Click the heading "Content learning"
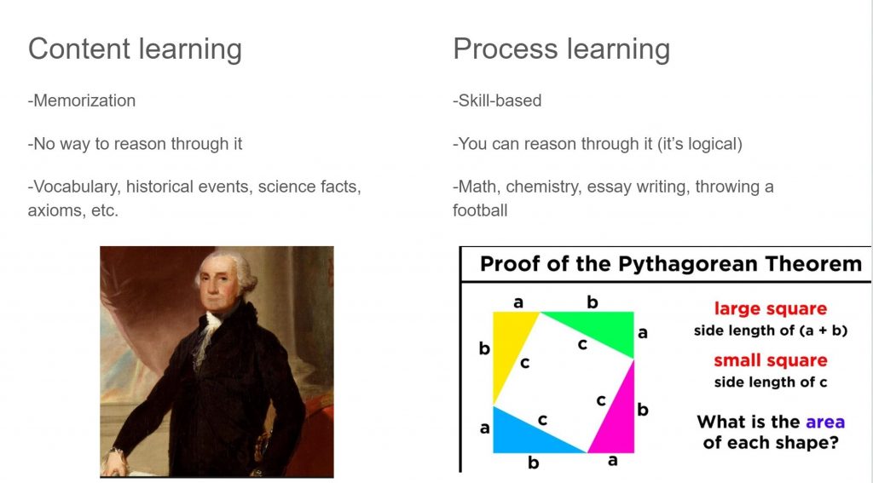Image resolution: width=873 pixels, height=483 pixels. (135, 49)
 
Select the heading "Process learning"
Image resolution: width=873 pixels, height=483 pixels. (561, 49)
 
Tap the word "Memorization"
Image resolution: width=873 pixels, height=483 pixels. (84, 101)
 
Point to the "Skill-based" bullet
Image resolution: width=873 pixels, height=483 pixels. (497, 101)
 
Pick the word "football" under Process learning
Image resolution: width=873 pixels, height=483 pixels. (480, 210)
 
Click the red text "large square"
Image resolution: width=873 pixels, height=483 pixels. (771, 309)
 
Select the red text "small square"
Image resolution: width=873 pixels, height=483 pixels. (771, 360)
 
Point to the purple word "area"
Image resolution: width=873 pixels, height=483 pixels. (825, 423)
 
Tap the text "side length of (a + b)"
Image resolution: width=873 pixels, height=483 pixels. (771, 331)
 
